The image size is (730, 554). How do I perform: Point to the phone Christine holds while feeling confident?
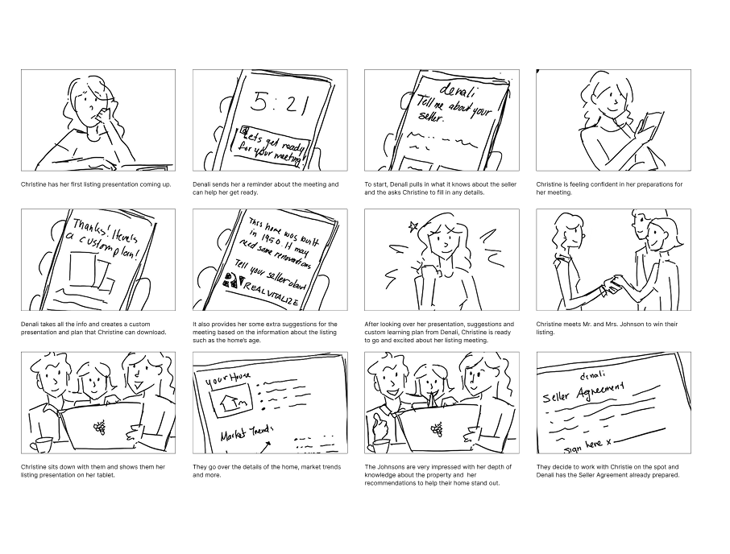649,125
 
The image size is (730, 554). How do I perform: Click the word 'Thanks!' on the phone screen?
93,225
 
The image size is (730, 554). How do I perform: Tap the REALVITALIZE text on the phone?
272,299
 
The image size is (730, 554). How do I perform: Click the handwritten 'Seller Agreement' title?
584,390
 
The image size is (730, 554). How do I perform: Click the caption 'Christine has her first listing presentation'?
96,184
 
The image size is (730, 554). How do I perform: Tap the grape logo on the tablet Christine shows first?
100,428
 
